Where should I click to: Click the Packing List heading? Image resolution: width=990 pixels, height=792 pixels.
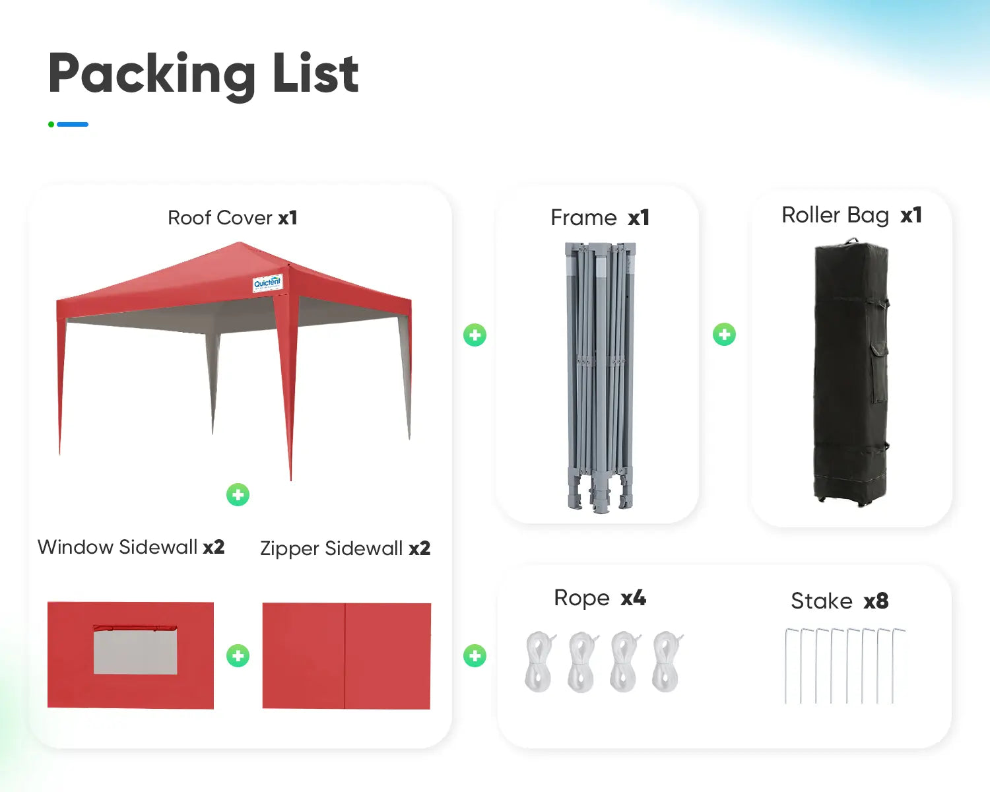point(203,74)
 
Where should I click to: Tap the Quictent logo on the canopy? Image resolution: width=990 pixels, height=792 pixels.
point(267,283)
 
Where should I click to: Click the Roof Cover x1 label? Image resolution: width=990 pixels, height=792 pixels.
point(232,218)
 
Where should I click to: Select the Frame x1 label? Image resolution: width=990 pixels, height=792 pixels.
point(599,218)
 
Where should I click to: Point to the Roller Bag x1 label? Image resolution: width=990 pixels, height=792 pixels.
point(851,215)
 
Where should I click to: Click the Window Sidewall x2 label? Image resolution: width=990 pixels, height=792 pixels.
point(131,547)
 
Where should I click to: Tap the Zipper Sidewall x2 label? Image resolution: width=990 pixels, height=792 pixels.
point(345,548)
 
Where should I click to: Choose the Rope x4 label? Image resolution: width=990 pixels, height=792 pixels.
point(599,598)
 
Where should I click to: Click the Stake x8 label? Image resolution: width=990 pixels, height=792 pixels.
point(839,601)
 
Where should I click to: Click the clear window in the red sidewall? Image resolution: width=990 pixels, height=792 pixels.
point(135,651)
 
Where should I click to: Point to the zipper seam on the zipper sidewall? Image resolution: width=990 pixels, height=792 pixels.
point(345,656)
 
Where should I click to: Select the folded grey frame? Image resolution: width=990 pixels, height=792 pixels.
point(600,376)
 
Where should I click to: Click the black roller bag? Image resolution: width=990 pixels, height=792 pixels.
point(851,373)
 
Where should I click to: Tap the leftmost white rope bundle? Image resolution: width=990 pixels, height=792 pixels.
point(540,661)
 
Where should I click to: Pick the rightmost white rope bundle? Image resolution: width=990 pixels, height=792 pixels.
point(667,661)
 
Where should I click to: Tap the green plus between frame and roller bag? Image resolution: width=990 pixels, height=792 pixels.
point(724,335)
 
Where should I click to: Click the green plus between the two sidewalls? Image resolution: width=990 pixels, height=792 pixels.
point(238,656)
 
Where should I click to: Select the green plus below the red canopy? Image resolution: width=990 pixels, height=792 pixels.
point(238,494)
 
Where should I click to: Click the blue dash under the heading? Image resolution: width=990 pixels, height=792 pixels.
point(73,124)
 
